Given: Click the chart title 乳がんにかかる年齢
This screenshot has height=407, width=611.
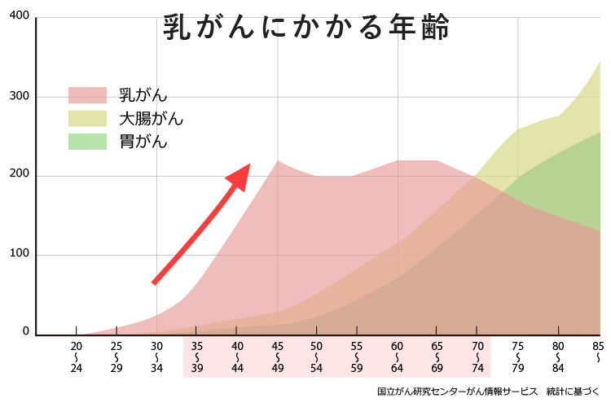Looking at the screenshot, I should click(305, 27).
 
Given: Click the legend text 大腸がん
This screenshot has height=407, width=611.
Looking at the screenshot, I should click(151, 119).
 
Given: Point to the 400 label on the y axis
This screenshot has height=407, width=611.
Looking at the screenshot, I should click(19, 17).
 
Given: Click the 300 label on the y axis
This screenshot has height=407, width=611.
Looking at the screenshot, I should click(19, 97).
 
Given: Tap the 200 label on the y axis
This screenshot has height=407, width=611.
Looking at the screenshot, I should click(19, 175).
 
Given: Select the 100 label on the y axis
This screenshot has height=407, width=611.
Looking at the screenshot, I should click(19, 254).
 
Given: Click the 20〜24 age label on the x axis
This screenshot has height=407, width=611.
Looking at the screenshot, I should click(76, 357).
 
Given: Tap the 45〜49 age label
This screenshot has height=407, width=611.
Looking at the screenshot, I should click(277, 357).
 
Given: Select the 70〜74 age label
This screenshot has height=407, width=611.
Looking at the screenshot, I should click(478, 357).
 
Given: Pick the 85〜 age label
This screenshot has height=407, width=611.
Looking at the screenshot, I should click(598, 352).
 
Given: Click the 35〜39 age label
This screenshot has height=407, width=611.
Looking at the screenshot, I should click(197, 357).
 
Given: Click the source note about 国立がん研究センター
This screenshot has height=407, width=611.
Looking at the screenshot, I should click(488, 392).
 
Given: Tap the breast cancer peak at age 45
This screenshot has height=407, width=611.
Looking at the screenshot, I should click(278, 161).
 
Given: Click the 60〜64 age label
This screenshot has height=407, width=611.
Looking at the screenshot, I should click(398, 357).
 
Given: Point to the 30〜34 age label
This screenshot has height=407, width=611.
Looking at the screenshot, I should click(156, 357).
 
